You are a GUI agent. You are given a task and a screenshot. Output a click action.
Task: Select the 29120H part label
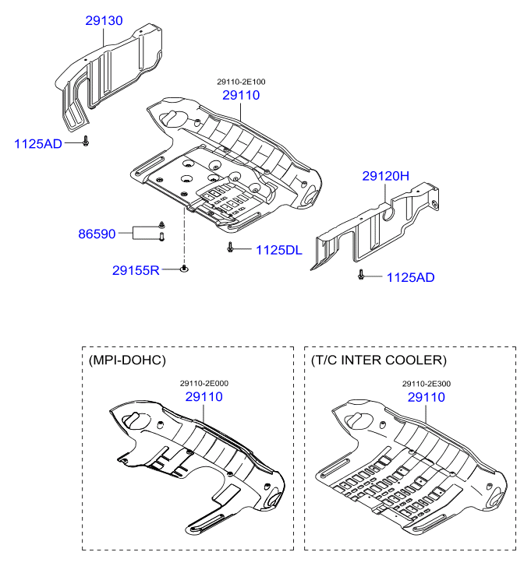point(385,177)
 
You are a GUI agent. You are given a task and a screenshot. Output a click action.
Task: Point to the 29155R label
point(136,270)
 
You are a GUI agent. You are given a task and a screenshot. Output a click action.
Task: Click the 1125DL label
point(278,250)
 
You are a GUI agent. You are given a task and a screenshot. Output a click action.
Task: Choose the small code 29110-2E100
point(240,81)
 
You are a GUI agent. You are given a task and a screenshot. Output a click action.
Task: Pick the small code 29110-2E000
point(204,383)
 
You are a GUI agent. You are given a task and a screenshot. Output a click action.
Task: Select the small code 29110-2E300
point(426,383)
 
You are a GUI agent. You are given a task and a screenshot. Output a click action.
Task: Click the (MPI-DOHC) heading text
point(128,360)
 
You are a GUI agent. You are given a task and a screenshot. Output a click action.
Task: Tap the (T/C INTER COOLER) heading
point(379,360)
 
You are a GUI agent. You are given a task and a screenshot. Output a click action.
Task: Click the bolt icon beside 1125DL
point(232,248)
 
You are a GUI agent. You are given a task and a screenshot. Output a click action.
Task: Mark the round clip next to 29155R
point(184,269)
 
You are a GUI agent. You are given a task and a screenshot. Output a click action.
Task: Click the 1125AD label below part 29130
point(38,144)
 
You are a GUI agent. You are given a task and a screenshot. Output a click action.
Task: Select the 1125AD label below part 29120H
point(410,277)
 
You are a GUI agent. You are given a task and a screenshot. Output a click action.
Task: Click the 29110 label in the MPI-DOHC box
point(204,397)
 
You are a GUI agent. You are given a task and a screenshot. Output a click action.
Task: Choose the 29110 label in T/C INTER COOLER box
point(426,397)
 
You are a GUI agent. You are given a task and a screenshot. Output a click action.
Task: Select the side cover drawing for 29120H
point(374,226)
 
